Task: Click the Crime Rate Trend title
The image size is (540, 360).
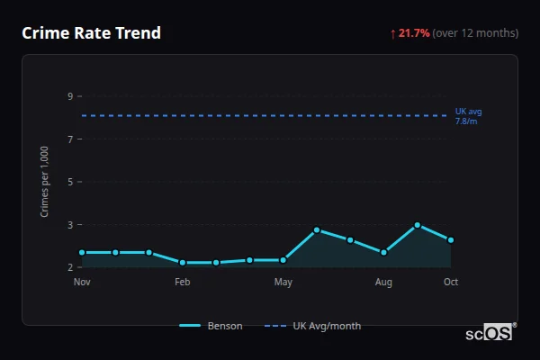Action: point(91,33)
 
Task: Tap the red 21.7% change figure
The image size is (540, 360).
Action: point(415,33)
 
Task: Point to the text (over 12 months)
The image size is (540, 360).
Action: point(475,33)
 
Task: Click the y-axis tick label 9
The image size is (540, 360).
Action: point(70,96)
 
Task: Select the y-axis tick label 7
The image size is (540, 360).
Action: point(70,139)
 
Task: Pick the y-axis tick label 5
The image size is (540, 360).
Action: point(70,182)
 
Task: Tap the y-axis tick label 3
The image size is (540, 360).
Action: point(70,224)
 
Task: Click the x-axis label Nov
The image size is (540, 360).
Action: point(82,283)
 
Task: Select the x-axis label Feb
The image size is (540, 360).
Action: point(183,283)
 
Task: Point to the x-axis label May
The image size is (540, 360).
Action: point(283,283)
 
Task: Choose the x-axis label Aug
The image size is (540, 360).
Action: point(383,283)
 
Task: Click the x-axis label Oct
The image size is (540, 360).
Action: point(451,283)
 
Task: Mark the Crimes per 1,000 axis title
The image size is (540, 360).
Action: point(45,182)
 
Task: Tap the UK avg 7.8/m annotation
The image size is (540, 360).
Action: point(468,116)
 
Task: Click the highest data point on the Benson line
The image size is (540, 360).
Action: point(418,225)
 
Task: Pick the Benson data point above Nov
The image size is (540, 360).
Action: point(82,253)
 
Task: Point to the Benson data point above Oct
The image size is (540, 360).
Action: point(451,240)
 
